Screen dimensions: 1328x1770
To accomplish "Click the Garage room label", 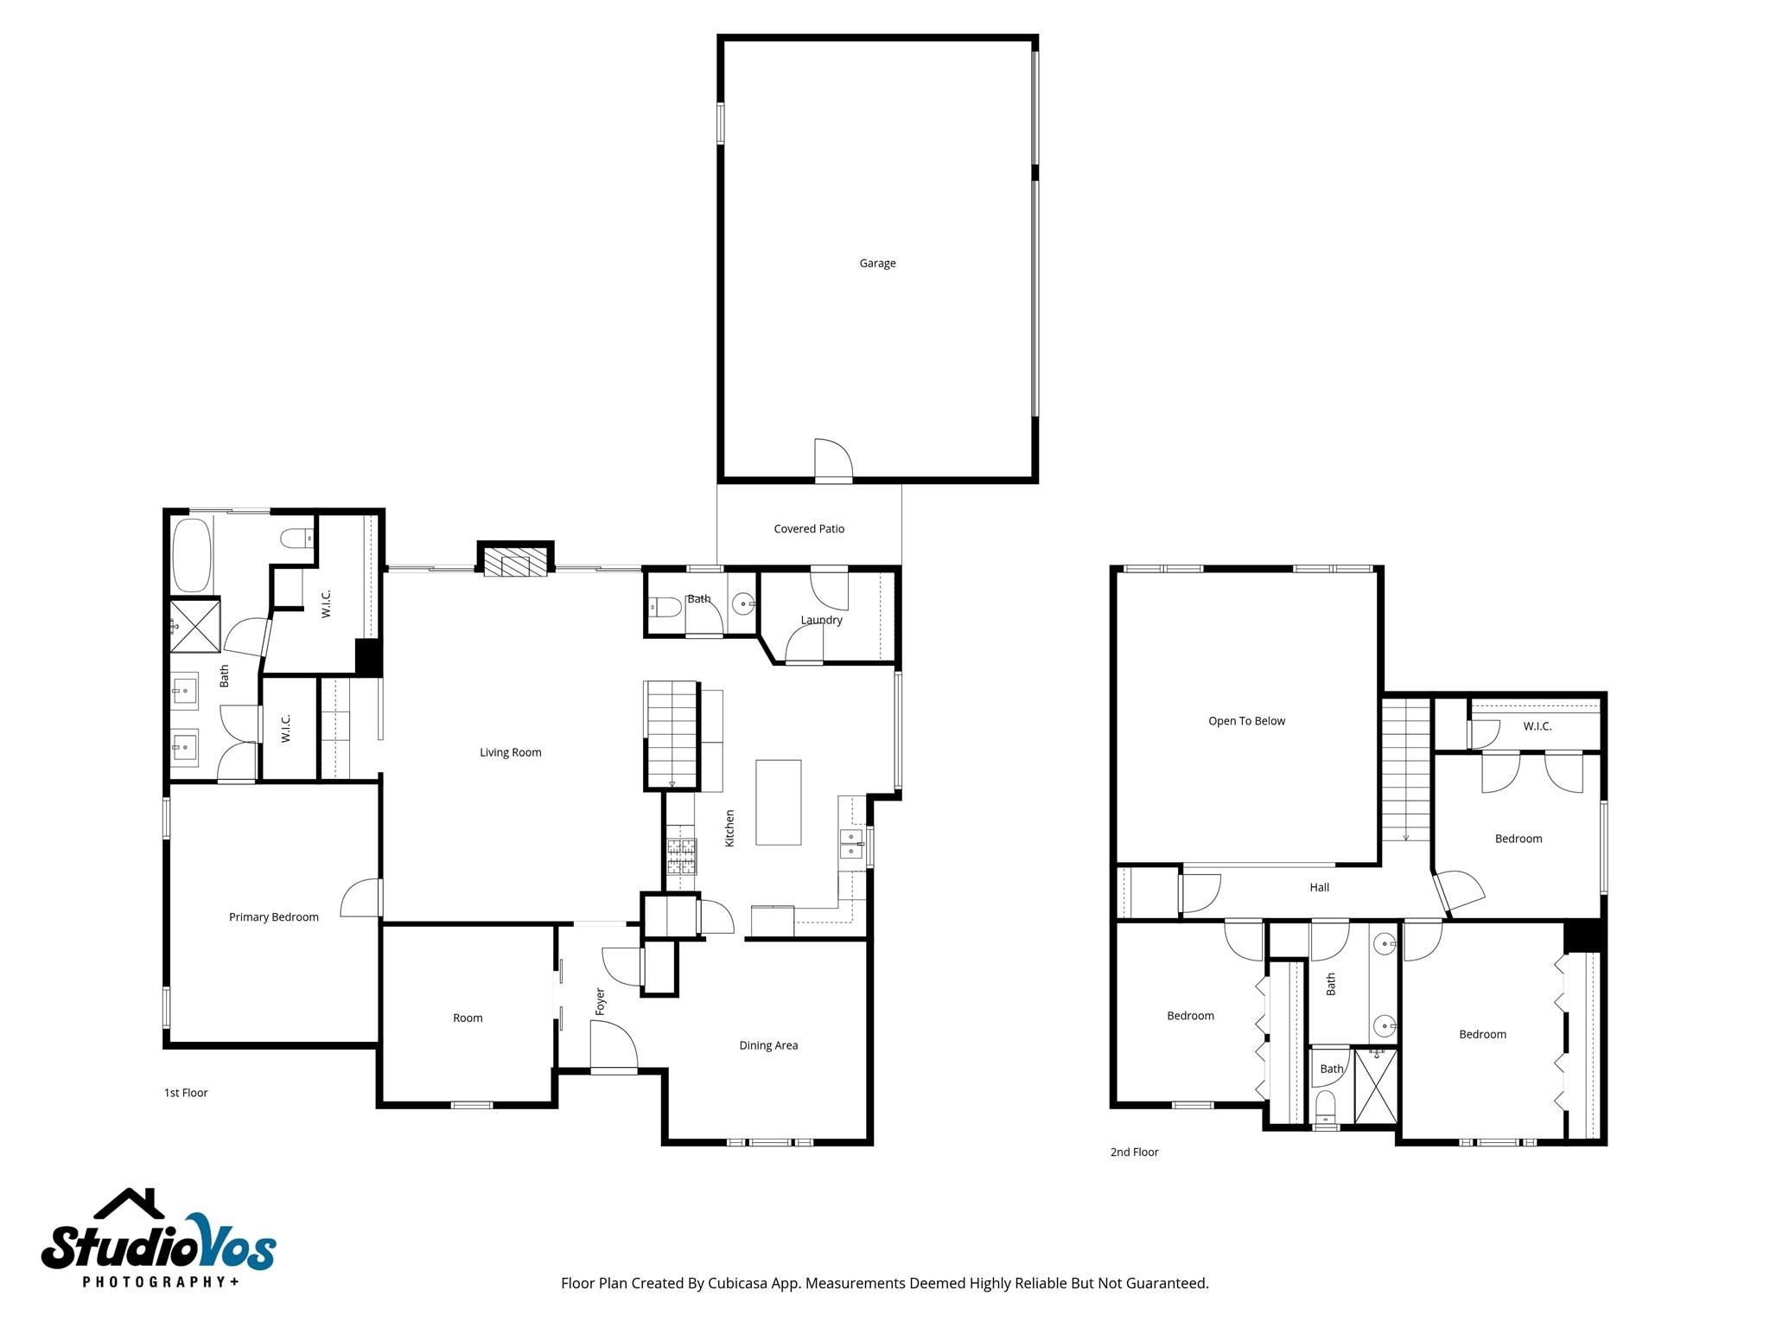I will coord(877,264).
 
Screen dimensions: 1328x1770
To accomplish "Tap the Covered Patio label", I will coord(809,529).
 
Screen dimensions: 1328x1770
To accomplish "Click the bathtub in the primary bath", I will coord(192,554).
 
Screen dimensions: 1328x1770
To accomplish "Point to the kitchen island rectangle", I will coord(778,802).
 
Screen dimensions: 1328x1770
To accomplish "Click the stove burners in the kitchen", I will coord(681,857).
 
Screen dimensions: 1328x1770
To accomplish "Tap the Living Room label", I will coord(511,753).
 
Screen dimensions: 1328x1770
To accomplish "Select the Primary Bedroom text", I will coord(274,917).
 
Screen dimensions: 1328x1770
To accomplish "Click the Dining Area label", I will coord(768,1046).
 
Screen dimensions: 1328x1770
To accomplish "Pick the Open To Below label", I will coord(1246,721).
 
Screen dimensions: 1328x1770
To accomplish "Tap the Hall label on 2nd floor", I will coord(1319,888).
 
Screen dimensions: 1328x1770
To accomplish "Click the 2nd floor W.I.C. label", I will coord(1537,726).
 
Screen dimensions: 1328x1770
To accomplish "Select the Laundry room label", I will coord(821,620).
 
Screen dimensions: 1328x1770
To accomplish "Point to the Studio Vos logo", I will coord(159,1241).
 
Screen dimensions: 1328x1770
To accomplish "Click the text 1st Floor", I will coord(186,1093).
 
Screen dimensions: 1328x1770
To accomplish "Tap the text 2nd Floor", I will coord(1134,1152).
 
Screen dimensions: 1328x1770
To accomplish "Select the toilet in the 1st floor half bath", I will coord(665,607).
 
